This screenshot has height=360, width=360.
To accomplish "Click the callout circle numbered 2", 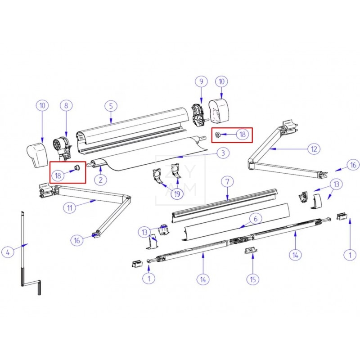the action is point(100,180).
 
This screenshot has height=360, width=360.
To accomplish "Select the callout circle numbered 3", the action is point(223,153).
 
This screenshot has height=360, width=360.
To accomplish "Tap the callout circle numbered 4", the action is point(8,252).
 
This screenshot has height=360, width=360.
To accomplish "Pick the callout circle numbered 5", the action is point(111,106).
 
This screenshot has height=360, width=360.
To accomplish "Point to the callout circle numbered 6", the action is point(256,219).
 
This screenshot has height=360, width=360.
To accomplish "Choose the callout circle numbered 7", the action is point(227,182).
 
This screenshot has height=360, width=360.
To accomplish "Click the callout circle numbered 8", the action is point(66,105).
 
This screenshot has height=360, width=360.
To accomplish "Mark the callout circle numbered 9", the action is point(201,81).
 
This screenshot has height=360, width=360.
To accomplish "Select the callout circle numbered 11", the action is point(70,208).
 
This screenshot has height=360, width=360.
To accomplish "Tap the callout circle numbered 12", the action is point(314,149).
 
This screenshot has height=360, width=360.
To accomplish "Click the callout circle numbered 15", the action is point(253,279).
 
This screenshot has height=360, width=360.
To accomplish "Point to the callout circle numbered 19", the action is point(177,194).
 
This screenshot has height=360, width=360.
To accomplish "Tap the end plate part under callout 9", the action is point(198,115).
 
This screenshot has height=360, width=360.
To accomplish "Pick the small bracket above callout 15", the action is point(251,250).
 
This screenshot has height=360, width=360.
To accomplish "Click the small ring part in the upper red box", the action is point(217,135).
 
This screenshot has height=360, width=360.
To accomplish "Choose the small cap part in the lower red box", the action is point(77,167).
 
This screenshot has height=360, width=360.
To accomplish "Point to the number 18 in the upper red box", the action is point(243,134).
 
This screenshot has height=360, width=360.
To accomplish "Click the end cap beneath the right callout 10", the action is point(219,110).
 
